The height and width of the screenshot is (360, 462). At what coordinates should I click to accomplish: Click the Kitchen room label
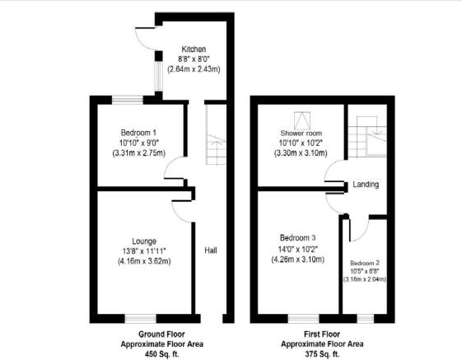[x=194, y=49]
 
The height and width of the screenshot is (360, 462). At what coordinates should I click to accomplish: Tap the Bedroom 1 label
[x=138, y=133]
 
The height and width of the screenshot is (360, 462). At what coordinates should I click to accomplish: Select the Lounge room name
[x=144, y=241]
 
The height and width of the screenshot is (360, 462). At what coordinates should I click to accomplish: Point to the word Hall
[x=211, y=250]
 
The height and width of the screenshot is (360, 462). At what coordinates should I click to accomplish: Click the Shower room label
[x=301, y=133]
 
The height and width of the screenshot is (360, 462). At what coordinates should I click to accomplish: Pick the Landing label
[x=366, y=185]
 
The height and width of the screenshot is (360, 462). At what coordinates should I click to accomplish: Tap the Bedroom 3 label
[x=297, y=237]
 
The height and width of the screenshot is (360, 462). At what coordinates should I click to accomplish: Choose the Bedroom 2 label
[x=365, y=263]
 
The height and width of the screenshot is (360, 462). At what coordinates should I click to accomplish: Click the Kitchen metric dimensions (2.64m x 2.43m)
[x=194, y=69]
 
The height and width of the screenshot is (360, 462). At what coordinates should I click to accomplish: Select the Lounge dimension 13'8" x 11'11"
[x=144, y=251]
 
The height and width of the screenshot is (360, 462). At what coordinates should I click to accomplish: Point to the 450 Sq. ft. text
[x=161, y=353]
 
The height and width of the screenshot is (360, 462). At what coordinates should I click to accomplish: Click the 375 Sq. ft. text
[x=322, y=353]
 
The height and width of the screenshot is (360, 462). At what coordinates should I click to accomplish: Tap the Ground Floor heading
[x=161, y=334]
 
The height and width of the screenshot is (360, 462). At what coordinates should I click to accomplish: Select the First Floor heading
[x=322, y=334]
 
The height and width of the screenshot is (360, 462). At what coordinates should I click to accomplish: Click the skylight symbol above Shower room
[x=302, y=120]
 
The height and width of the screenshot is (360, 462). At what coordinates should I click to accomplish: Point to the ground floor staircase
[x=217, y=134]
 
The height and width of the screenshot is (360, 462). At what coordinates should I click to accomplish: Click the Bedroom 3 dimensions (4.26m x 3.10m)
[x=297, y=259]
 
